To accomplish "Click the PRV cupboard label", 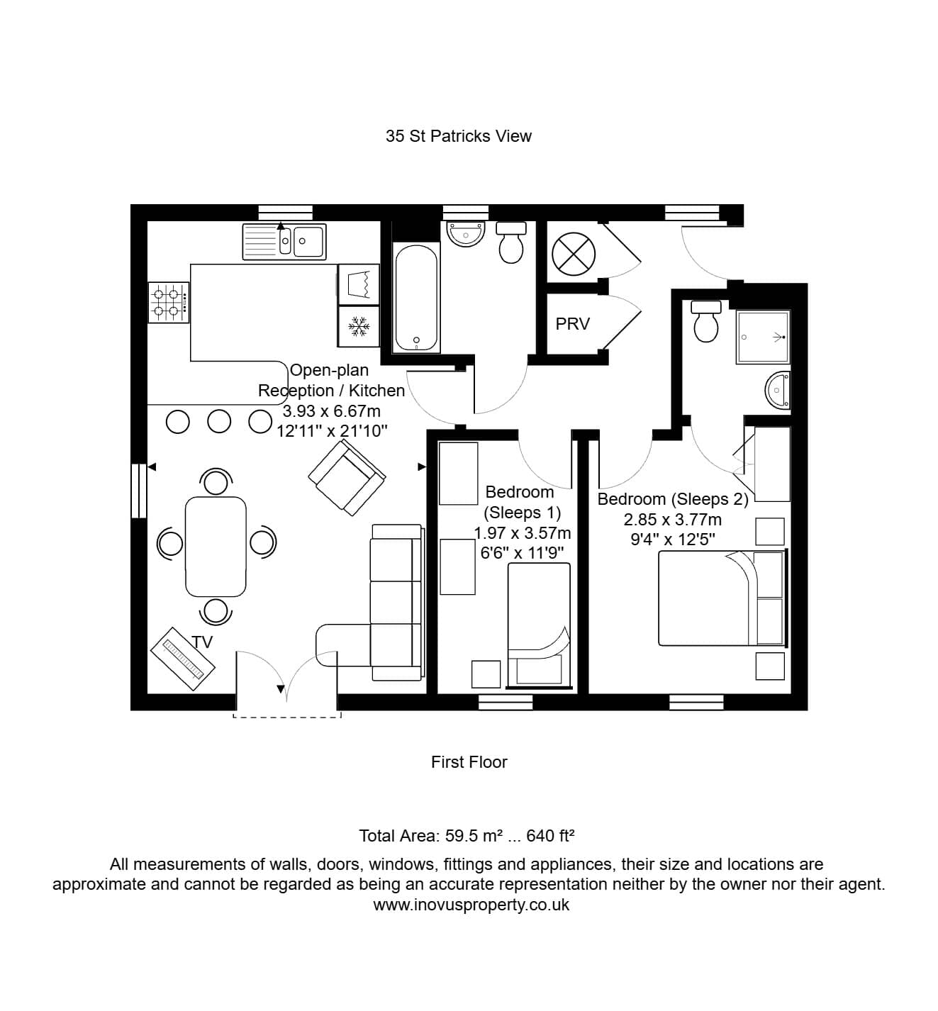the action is click(x=572, y=324).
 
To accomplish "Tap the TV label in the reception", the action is click(x=201, y=642).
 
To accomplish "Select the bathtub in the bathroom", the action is click(x=417, y=298).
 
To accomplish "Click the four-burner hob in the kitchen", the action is click(x=169, y=303).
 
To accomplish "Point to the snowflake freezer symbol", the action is click(x=359, y=326).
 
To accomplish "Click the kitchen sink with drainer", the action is click(x=284, y=241).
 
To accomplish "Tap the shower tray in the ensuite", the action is click(x=763, y=337).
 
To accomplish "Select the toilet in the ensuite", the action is click(x=705, y=321).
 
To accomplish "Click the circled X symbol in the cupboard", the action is click(x=574, y=254).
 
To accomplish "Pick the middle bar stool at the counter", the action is click(x=219, y=422).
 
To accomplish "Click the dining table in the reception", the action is click(x=216, y=546).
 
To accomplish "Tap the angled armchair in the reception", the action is click(x=347, y=477).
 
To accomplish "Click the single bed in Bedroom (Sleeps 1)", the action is click(x=539, y=625).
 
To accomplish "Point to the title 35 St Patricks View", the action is click(x=458, y=136).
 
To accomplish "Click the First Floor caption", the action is click(x=469, y=761).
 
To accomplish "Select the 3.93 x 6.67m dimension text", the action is click(x=332, y=410).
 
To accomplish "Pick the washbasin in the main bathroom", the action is click(x=465, y=233).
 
